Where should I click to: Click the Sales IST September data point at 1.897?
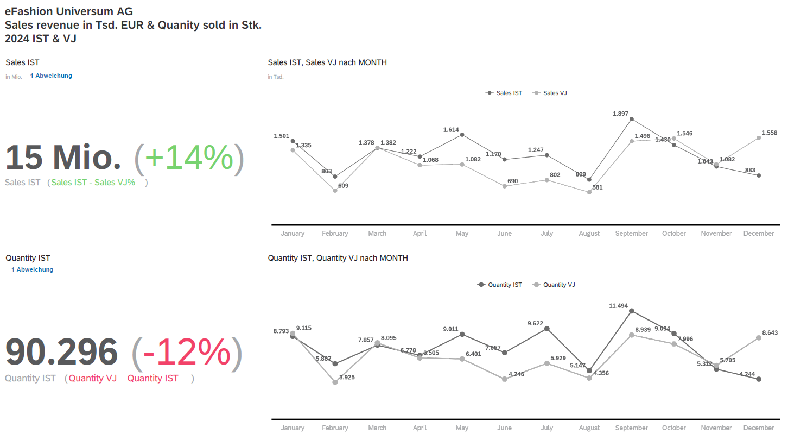632,119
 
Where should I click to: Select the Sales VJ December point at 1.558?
759,138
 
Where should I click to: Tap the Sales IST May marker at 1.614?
462,135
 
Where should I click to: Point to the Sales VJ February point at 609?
335,191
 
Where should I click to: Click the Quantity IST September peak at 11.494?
632,311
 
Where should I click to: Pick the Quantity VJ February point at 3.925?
335,382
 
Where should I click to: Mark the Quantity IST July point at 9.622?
547,329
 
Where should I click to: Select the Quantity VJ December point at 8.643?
759,338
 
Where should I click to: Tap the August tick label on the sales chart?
589,234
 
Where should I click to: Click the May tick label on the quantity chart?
462,428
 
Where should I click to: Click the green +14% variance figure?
189,158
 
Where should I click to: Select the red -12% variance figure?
187,353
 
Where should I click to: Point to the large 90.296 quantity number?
61,353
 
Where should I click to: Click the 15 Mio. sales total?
63,158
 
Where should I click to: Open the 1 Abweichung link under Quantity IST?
32,269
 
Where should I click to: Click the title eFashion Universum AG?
68,11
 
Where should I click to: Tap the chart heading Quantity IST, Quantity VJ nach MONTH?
338,258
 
